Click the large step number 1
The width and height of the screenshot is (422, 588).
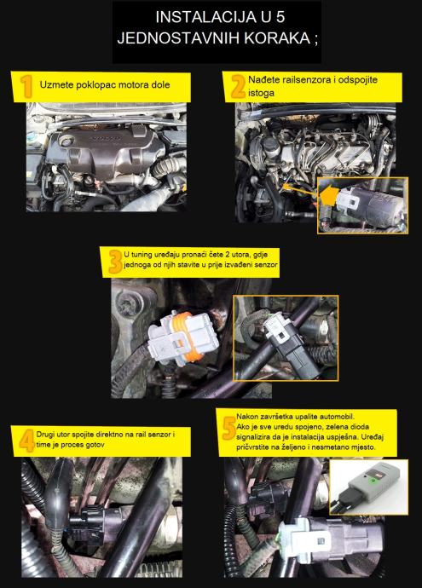coord(26,86)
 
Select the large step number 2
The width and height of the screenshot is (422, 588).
coord(238,86)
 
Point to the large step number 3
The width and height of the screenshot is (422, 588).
coord(115,262)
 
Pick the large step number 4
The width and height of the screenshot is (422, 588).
coord(26,441)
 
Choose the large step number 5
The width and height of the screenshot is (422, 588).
coord(228,429)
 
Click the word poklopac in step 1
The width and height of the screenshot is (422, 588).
coord(93,85)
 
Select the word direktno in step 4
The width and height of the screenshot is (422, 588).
coord(107,435)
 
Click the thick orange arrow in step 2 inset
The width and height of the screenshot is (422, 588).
coord(328,195)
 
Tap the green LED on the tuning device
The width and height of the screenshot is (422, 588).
coord(372,480)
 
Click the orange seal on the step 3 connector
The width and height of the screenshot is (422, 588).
coord(184,336)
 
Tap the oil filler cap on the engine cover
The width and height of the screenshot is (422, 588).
coord(66,141)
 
